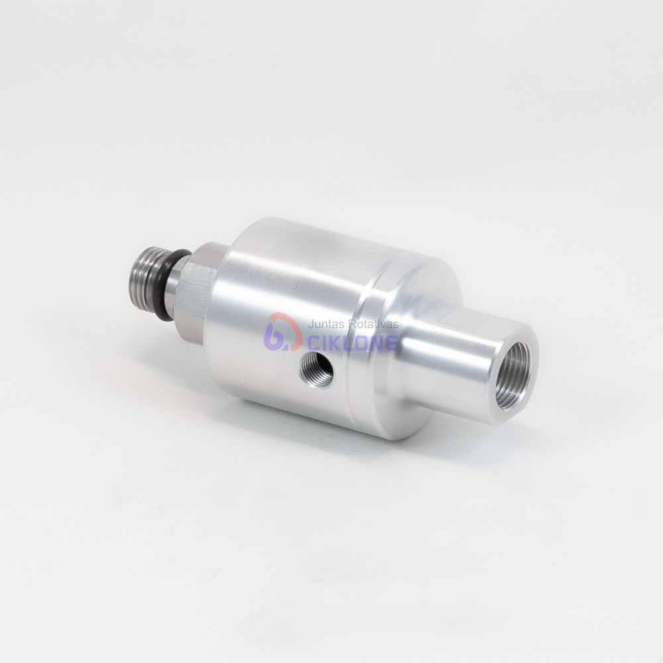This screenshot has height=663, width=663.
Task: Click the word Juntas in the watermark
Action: pos(323,325)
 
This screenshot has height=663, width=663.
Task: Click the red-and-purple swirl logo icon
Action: pos(284,333)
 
